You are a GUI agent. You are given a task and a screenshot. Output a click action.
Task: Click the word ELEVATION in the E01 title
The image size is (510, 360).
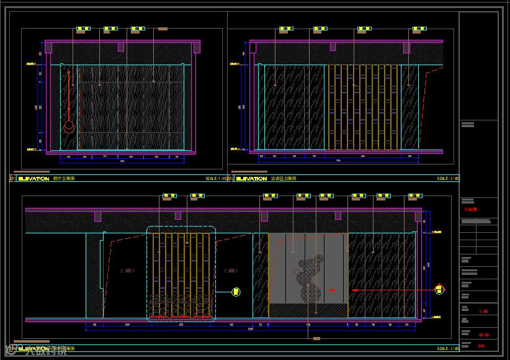pyautogui.click(x=34, y=179)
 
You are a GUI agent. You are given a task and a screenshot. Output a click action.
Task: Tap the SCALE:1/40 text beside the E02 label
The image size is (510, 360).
pyautogui.click(x=447, y=179)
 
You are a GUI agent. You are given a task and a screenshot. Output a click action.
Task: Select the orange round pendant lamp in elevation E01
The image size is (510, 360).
pyautogui.click(x=69, y=127)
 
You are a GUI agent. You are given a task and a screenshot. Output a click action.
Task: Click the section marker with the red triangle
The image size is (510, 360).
pyautogui.click(x=439, y=289)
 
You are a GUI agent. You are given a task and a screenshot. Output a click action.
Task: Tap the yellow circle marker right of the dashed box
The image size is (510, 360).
pyautogui.click(x=236, y=291)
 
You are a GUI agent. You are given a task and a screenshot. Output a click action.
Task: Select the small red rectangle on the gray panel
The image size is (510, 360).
pyautogui.click(x=332, y=290)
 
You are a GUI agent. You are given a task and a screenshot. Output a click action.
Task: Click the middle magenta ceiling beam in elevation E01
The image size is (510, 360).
pyautogui.click(x=121, y=47)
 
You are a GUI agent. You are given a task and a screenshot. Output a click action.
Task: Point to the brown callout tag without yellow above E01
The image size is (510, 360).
pyautogui.click(x=163, y=29)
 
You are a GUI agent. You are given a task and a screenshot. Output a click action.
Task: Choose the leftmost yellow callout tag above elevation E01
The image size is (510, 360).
pyautogui.click(x=84, y=29)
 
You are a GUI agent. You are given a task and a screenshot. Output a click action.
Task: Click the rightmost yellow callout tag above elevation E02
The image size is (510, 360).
pyautogui.click(x=421, y=29)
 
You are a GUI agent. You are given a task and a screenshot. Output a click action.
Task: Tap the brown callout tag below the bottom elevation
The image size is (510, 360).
pyautogui.click(x=316, y=338)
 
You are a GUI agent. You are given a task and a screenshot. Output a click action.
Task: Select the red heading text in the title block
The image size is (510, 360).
pyautogui.click(x=471, y=210)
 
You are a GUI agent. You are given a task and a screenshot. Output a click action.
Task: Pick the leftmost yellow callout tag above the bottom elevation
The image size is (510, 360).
pyautogui.click(x=169, y=196)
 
